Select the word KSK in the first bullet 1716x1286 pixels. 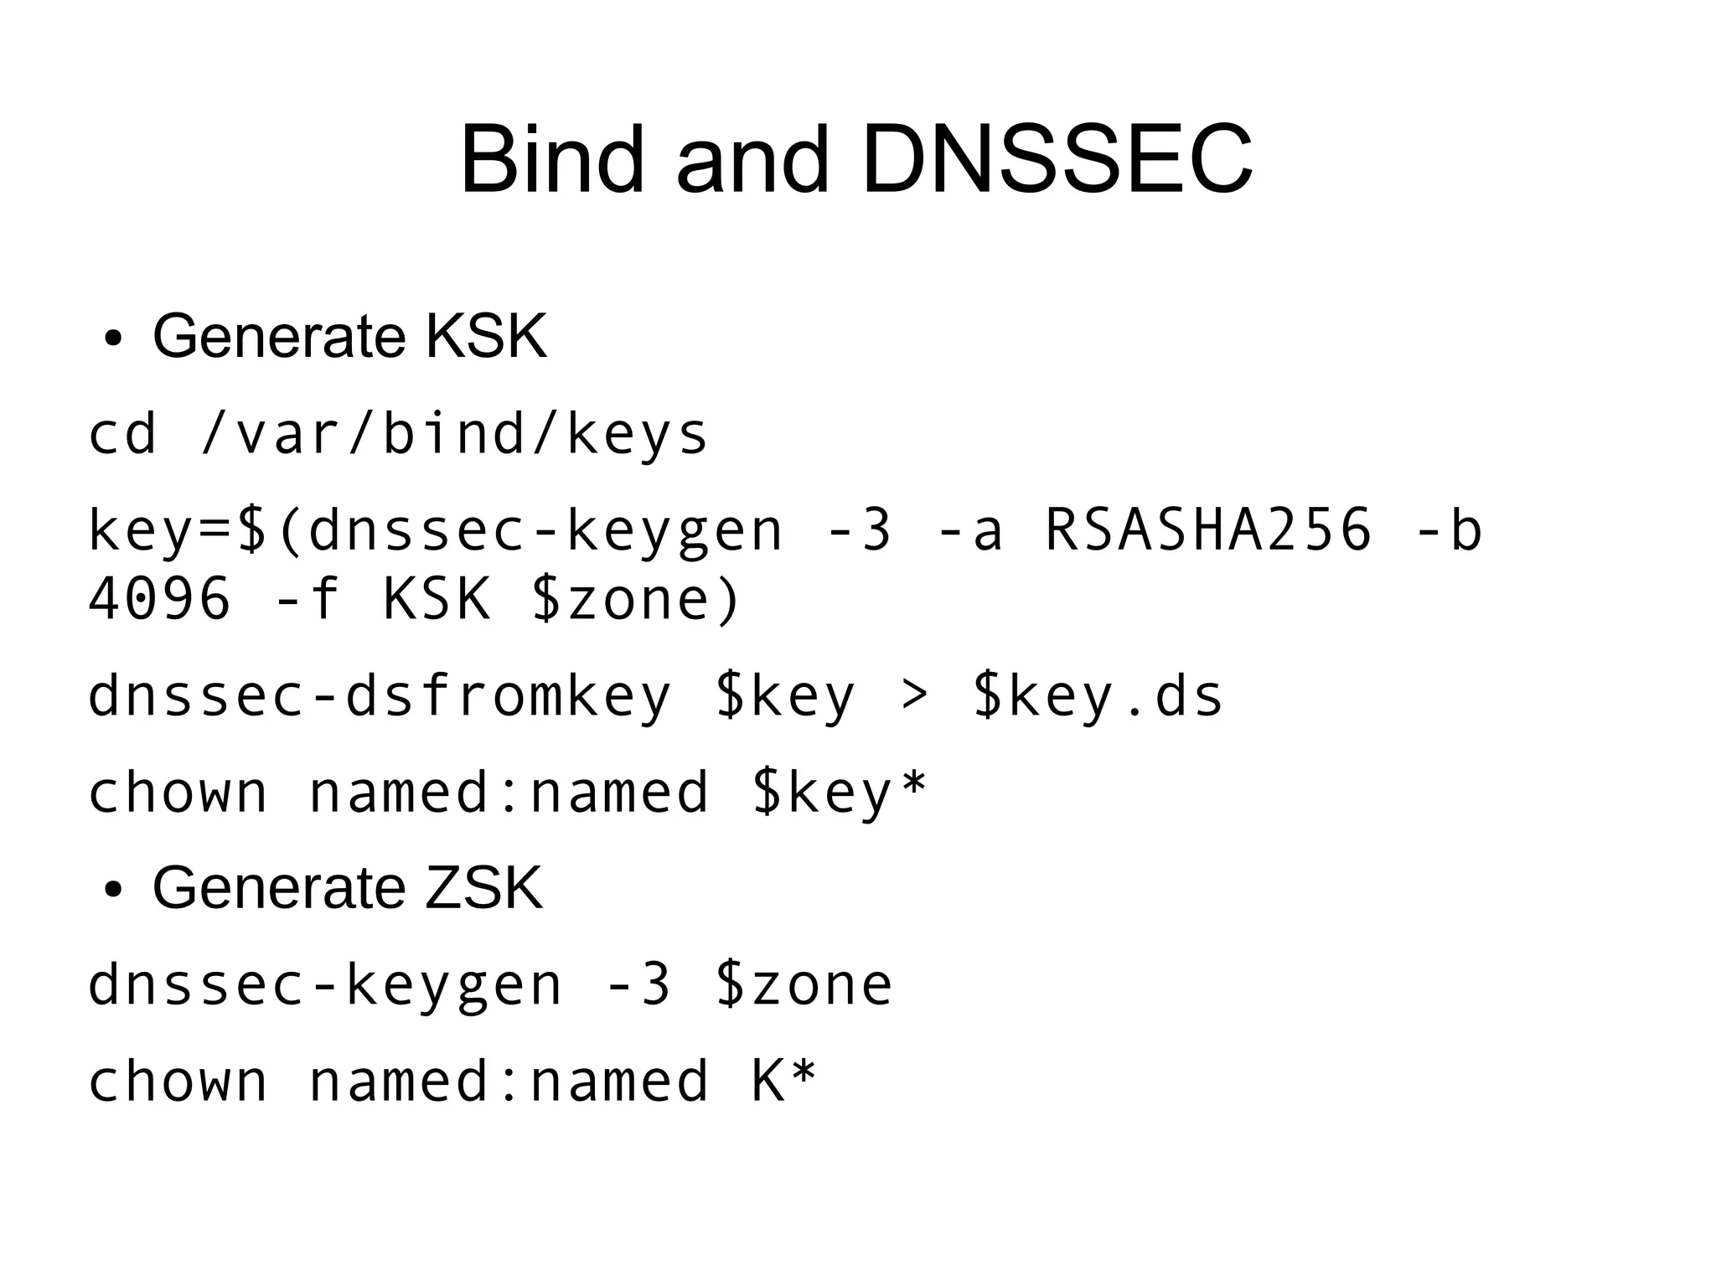[486, 336]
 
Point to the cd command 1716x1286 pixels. [122, 435]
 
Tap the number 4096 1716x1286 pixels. [159, 599]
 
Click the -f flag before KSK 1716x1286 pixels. [307, 599]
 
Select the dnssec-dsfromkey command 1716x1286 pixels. [380, 695]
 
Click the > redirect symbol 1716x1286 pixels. [914, 695]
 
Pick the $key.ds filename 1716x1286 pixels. [1098, 695]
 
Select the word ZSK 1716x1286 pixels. [483, 887]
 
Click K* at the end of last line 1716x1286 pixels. [783, 1080]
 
